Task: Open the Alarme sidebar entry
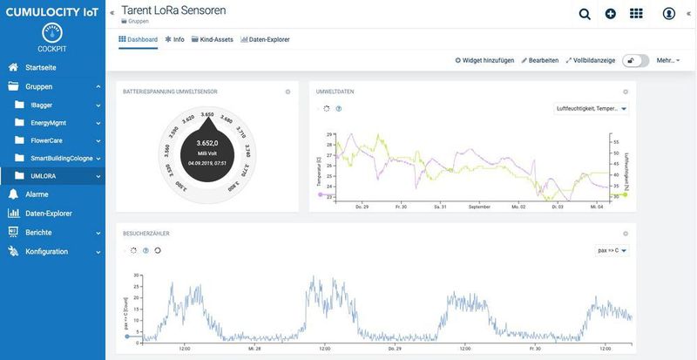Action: point(37,194)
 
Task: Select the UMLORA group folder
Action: point(43,175)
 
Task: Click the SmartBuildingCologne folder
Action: point(61,158)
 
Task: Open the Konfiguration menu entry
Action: point(46,252)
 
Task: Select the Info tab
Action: point(175,39)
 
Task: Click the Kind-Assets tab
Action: point(213,39)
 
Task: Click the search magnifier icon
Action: point(585,14)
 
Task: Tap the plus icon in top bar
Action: point(610,14)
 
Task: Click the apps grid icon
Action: point(636,14)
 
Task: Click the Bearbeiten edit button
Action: point(539,60)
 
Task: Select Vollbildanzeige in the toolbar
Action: point(591,60)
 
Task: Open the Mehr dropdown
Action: point(667,60)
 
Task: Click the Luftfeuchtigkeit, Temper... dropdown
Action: point(591,109)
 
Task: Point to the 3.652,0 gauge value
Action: point(207,143)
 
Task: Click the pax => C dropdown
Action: point(612,250)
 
